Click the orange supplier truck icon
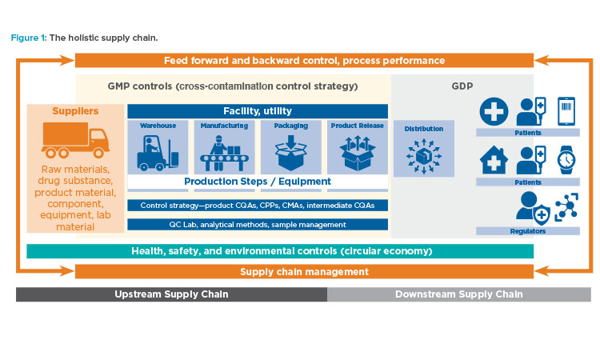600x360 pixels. click(75, 140)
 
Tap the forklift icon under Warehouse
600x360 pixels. click(158, 153)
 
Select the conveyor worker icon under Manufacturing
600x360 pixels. click(224, 153)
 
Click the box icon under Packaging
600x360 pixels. click(291, 153)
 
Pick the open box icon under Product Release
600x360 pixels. click(358, 153)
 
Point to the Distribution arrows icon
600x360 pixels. click(424, 156)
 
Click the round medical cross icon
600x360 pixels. click(494, 111)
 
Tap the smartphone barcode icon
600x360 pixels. click(566, 111)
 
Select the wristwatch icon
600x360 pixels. click(566, 160)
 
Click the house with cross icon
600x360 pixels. click(494, 160)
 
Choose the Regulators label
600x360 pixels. click(528, 231)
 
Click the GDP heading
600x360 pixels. click(462, 86)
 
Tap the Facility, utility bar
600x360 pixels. click(258, 111)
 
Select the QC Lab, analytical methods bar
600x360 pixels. click(258, 225)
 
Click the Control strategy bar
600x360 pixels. click(258, 206)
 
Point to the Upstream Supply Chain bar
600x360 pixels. click(171, 294)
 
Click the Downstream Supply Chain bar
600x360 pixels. click(459, 294)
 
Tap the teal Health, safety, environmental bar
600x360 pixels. click(280, 251)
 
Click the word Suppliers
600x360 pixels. click(75, 111)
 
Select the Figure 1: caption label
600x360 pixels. click(29, 38)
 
